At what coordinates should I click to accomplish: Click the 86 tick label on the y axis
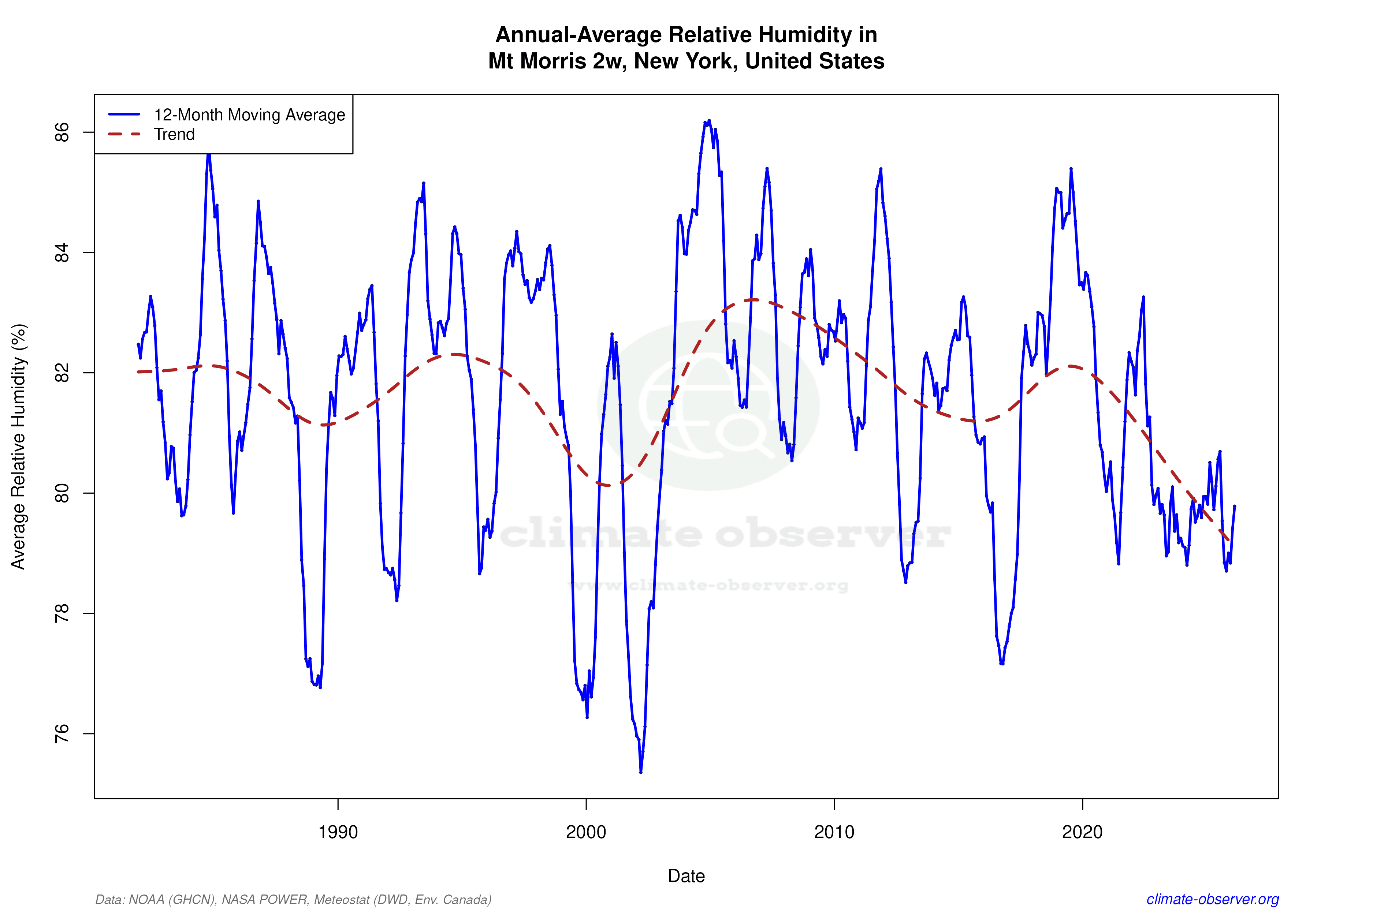62,132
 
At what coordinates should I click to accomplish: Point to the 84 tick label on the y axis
62,253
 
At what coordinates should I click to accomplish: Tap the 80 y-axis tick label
62,493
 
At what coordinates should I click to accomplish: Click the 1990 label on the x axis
338,832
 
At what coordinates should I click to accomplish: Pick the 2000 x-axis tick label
586,832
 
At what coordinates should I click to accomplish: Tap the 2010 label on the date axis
834,832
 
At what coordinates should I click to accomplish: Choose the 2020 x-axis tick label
1082,832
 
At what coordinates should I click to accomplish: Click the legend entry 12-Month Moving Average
249,115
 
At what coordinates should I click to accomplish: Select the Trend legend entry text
174,134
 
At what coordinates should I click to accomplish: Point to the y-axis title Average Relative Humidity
19,447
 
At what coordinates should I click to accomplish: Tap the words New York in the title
685,61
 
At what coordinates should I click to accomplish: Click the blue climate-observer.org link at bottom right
1213,899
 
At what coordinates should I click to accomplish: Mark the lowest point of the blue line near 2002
641,772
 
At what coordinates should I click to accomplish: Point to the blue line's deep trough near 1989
320,687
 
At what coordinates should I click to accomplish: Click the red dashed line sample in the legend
124,134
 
